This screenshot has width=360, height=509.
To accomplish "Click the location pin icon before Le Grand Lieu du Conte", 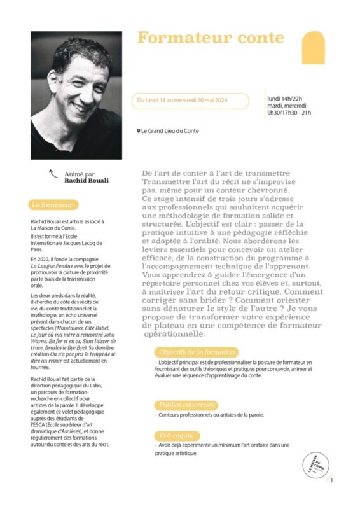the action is pyautogui.click(x=138, y=131).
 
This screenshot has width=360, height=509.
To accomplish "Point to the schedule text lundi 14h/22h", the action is pyautogui.click(x=284, y=98).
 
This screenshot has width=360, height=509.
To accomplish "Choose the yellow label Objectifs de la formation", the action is pyautogui.click(x=196, y=352).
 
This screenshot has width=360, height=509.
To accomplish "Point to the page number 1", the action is pyautogui.click(x=331, y=481).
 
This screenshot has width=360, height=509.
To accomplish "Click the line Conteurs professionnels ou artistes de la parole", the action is pyautogui.click(x=211, y=415).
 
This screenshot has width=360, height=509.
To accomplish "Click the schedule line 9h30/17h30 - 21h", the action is pyautogui.click(x=289, y=113).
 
